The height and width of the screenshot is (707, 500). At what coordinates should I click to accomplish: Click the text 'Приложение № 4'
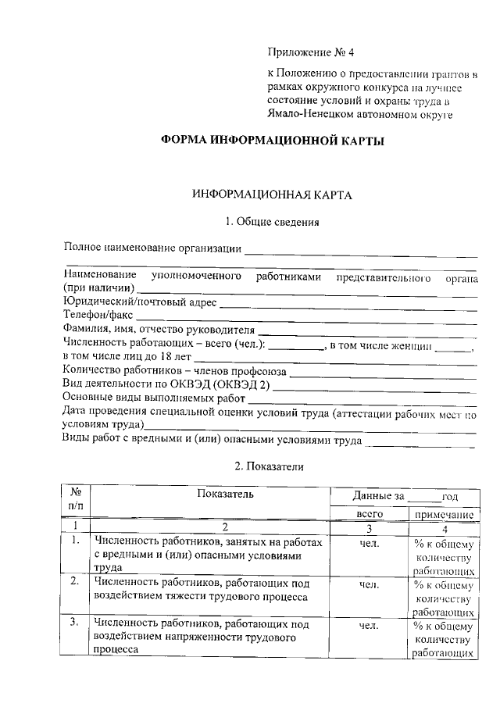pos(310,53)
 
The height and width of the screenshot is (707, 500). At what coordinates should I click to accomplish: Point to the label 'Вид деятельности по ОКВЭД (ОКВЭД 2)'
pos(166,384)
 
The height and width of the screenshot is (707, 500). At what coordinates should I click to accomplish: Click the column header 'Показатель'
pos(225,495)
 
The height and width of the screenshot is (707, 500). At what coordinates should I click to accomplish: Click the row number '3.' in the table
pos(73,623)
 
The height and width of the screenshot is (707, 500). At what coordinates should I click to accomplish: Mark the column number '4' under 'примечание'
pos(444,528)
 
